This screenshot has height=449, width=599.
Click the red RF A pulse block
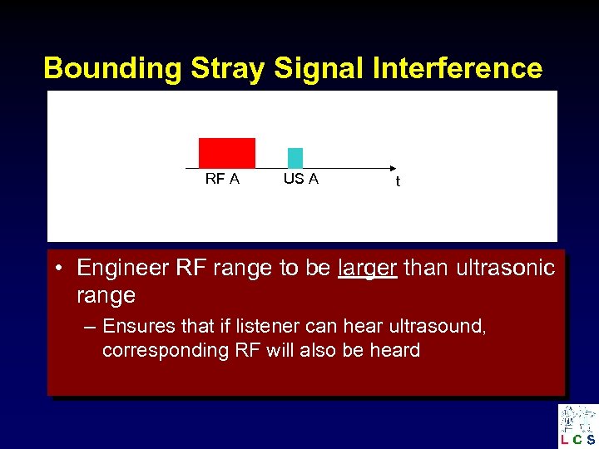[x=226, y=153]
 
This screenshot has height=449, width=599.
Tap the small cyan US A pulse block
[x=295, y=158]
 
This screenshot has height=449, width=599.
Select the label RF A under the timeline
[x=222, y=180]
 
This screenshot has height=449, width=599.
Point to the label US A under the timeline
[x=300, y=179]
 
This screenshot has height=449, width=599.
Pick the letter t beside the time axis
[x=398, y=182]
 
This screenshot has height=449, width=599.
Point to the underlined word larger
[x=368, y=268]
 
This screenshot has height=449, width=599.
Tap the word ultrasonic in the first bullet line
[x=503, y=268]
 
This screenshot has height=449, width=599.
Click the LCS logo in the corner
[x=578, y=426]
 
